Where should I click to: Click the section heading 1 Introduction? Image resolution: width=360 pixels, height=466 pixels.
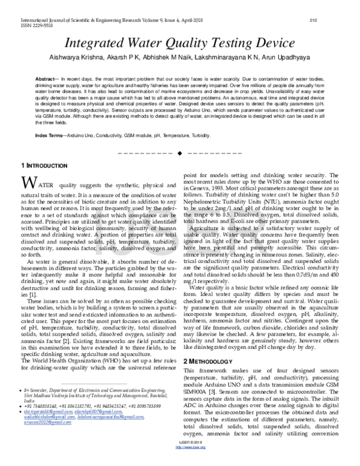[45, 165]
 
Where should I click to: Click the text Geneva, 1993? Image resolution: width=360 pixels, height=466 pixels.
[210, 189]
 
